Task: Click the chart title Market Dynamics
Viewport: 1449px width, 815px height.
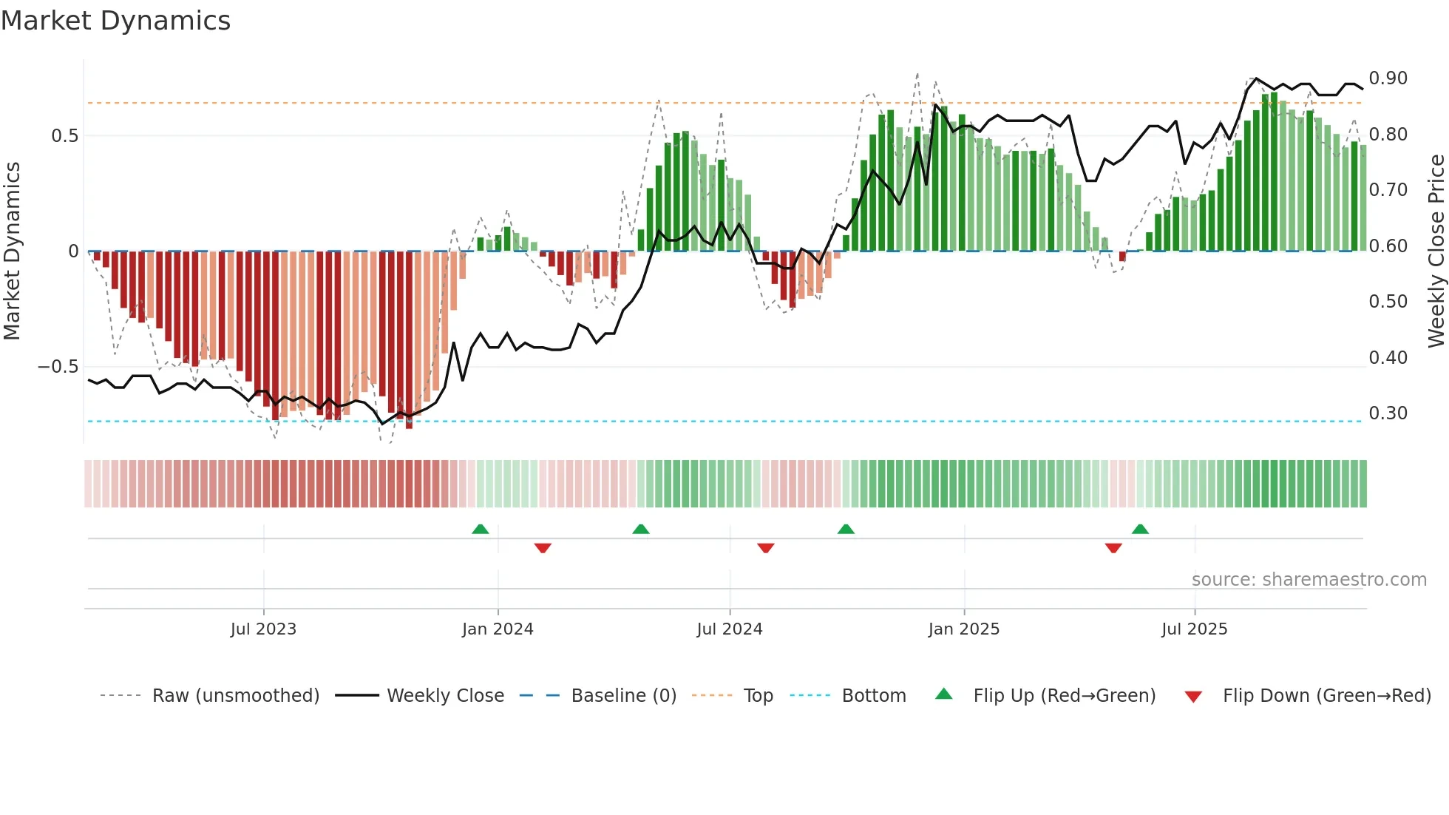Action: pyautogui.click(x=116, y=21)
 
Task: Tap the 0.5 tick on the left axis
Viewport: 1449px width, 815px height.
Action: pyautogui.click(x=65, y=136)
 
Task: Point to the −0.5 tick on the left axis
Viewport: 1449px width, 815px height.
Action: pyautogui.click(x=58, y=367)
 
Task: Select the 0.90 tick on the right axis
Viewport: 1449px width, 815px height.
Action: pyautogui.click(x=1388, y=78)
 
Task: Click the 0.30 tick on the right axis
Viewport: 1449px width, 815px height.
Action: pyautogui.click(x=1388, y=413)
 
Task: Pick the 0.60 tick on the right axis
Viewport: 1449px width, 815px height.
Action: pyautogui.click(x=1388, y=246)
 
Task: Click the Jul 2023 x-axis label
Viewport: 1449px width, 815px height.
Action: pyautogui.click(x=263, y=629)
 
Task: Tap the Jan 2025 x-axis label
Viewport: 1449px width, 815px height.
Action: pyautogui.click(x=964, y=629)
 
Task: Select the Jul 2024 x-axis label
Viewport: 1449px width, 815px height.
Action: pyautogui.click(x=730, y=629)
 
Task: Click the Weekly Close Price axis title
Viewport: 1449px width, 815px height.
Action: pyautogui.click(x=1436, y=251)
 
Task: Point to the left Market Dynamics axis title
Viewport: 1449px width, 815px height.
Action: pyautogui.click(x=12, y=251)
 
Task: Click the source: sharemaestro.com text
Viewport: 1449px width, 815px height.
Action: pyautogui.click(x=1309, y=580)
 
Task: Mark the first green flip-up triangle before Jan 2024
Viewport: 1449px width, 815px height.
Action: pyautogui.click(x=481, y=529)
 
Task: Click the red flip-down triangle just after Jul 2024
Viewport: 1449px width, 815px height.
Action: pyautogui.click(x=766, y=548)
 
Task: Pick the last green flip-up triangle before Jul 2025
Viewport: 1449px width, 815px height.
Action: pyautogui.click(x=1140, y=529)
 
